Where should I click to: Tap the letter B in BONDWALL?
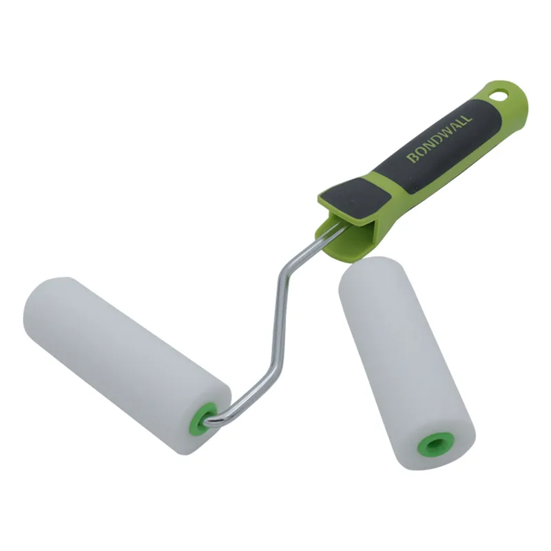[x=412, y=158]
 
